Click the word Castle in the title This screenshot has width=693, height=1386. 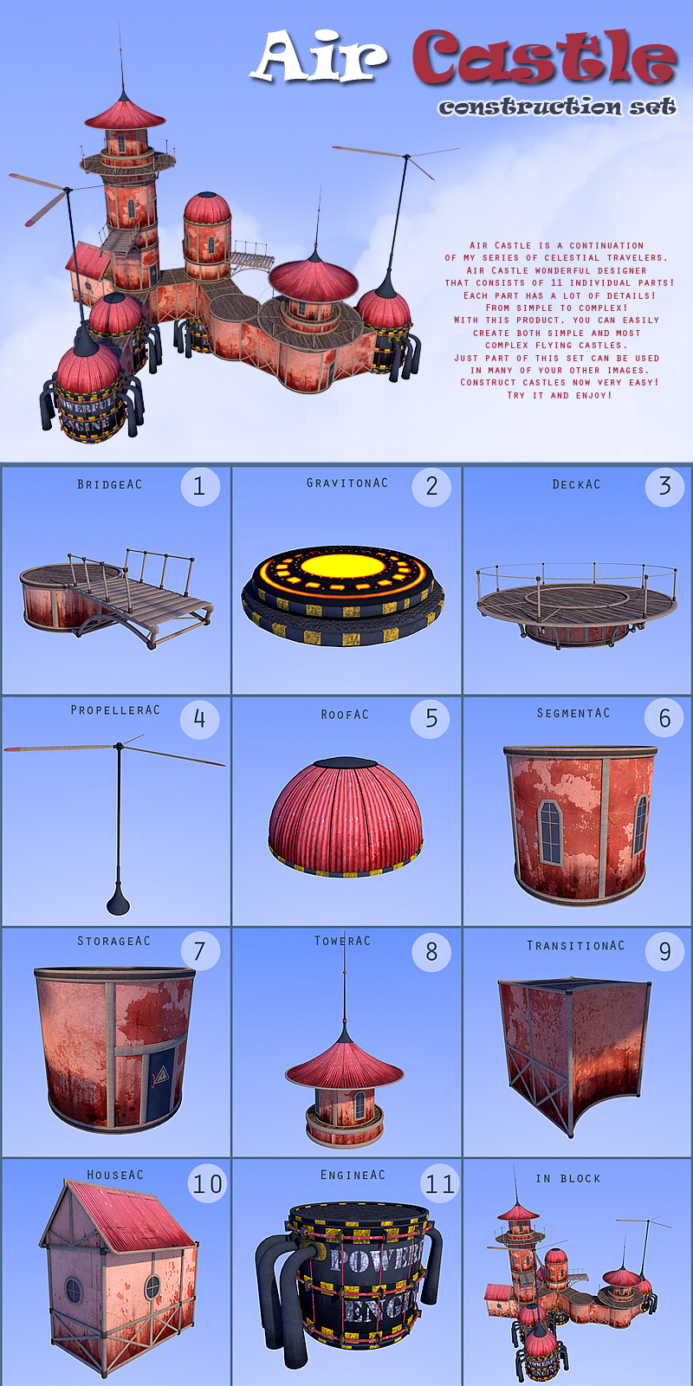coord(544,57)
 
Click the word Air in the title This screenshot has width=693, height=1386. coord(320,57)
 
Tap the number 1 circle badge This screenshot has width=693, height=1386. coord(200,486)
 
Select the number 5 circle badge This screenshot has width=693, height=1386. coord(430,718)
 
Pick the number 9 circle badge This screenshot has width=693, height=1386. coord(664,951)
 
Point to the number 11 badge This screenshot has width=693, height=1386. coord(440,1184)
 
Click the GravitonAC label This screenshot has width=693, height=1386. coord(347,483)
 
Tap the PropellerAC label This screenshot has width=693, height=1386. coord(115,710)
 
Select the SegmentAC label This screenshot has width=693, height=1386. coord(573,714)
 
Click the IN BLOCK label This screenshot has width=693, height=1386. coord(568,1179)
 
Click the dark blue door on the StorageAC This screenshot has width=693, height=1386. coord(160,1081)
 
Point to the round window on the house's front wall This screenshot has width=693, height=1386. coord(74,1290)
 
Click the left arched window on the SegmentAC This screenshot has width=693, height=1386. coord(551,832)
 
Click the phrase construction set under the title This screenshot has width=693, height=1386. coord(558,107)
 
